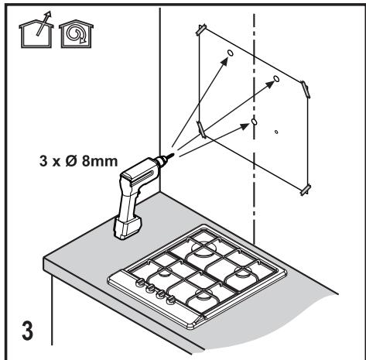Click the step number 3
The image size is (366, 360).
28,331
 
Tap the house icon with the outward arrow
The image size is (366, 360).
36,33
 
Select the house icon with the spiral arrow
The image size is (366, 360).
77,34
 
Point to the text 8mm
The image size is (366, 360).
100,161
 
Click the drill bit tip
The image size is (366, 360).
173,154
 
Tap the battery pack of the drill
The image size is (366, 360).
128,228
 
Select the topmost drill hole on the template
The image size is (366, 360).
230,53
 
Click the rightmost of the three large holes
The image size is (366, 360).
276,78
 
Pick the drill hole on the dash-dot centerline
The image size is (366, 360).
254,122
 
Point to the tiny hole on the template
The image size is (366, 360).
276,132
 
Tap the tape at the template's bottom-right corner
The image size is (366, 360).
306,190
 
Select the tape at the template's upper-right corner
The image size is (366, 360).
305,89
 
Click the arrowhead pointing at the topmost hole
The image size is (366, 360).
224,61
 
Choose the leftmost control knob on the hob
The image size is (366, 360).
139,283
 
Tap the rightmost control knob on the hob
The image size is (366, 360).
170,300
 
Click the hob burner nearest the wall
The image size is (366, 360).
204,248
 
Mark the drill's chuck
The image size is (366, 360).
161,160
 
